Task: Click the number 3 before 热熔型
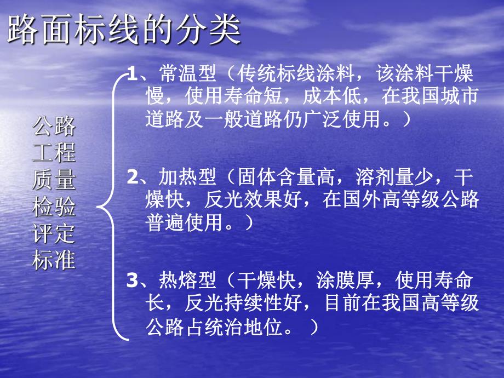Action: tap(131, 281)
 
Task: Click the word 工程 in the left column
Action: tap(54, 153)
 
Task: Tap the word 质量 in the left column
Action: tap(54, 180)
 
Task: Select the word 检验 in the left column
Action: tap(54, 207)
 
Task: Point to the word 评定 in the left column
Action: tap(54, 234)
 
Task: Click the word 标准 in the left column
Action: tap(54, 260)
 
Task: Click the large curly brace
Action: tap(112, 207)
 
